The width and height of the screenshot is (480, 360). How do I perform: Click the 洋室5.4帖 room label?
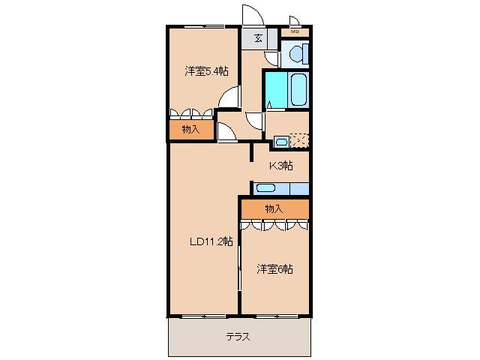[207, 71]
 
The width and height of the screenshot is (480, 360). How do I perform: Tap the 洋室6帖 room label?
[274, 268]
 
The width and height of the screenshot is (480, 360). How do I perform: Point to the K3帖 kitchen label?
[281, 166]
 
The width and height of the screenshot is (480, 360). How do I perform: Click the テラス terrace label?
[238, 337]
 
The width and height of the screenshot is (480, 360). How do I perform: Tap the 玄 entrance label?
[257, 38]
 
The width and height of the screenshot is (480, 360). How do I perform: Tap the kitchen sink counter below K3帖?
[274, 188]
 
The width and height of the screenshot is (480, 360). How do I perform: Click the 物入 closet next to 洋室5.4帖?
[190, 130]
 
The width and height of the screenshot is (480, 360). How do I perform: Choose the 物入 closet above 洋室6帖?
[274, 208]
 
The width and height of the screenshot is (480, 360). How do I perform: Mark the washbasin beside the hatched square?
[280, 141]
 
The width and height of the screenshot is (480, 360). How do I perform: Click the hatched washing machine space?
[300, 141]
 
